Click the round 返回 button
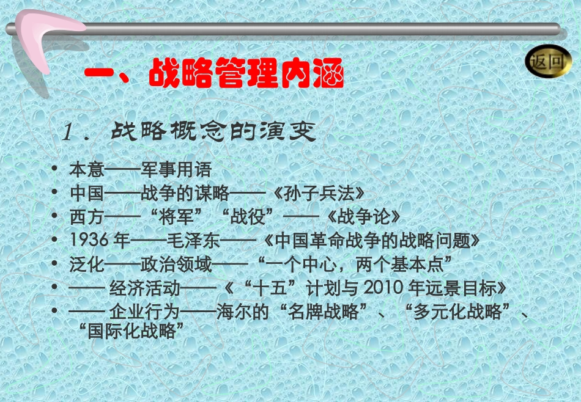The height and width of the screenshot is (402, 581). click(x=548, y=61)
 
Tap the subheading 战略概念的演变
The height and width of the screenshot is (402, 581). click(x=213, y=131)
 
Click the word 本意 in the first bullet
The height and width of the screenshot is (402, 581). click(x=87, y=170)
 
